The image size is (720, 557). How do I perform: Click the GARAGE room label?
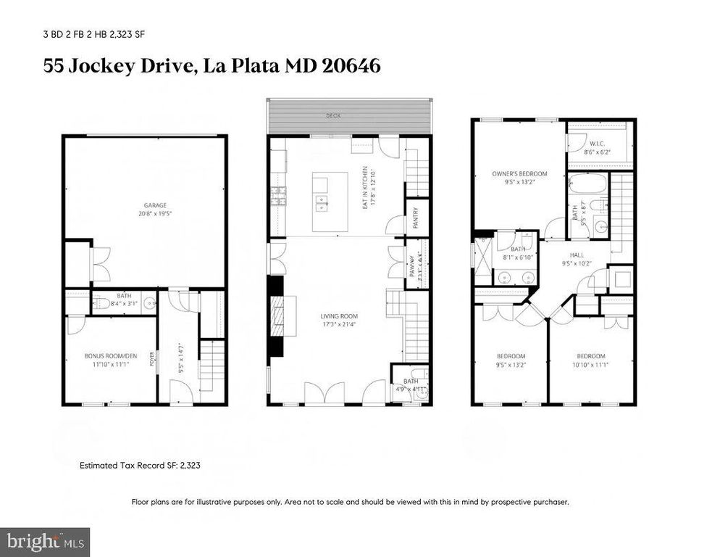144,205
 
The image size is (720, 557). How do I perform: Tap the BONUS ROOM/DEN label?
110,355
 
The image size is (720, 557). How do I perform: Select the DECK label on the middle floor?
333,115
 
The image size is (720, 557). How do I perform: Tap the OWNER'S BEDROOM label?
519,173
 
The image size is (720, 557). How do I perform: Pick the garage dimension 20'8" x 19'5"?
144,214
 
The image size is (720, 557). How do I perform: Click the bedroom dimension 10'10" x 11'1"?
590,365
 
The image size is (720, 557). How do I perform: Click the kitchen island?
330,202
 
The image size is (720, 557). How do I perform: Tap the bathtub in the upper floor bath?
587,184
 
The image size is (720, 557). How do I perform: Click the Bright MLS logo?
45,541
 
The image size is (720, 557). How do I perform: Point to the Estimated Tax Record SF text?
139,465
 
